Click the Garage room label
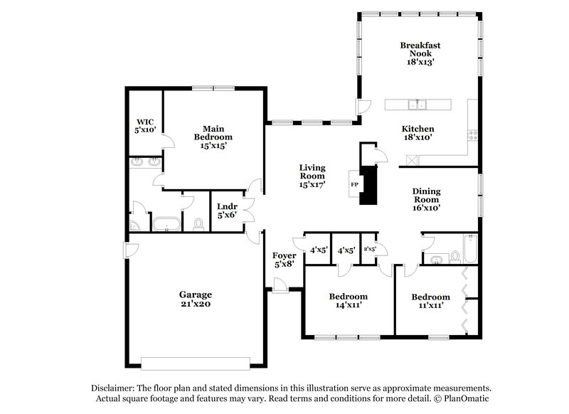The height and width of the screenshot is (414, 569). (x=195, y=294)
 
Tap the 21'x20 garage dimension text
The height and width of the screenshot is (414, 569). (x=195, y=304)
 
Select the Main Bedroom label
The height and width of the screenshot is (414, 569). (x=213, y=132)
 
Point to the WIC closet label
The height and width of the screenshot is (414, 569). (x=146, y=121)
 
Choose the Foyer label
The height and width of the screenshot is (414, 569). (x=284, y=255)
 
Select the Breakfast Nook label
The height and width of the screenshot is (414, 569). (x=420, y=49)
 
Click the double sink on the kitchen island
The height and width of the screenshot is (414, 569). (x=417, y=105)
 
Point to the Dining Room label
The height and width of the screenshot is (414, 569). (x=427, y=196)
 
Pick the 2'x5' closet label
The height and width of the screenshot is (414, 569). (x=370, y=250)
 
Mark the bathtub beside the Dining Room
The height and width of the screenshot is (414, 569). (x=469, y=249)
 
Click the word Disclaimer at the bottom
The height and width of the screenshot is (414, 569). (x=114, y=388)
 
